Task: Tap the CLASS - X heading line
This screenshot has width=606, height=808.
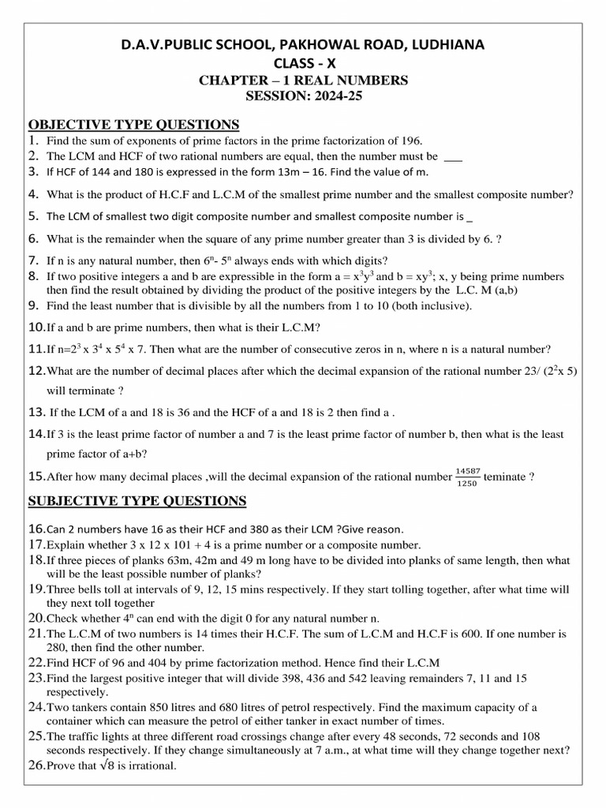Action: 303,63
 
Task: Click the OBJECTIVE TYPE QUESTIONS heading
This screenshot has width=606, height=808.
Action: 133,125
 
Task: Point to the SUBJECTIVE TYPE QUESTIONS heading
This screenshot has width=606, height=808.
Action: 137,501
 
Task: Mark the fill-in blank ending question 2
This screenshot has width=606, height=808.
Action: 453,156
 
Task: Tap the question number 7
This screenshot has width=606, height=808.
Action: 33,260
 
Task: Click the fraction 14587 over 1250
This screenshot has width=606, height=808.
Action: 467,477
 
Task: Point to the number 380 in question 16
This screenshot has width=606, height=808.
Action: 264,529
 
